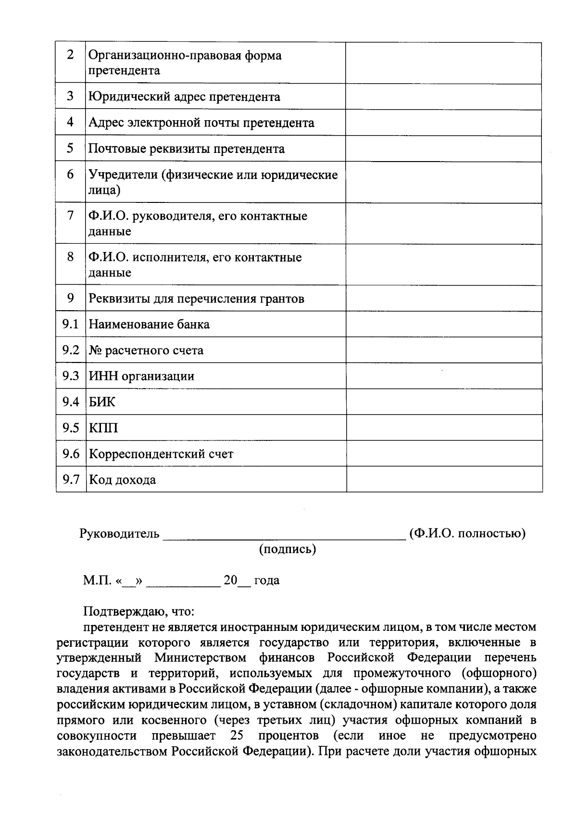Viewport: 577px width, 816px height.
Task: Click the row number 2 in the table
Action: [x=71, y=55]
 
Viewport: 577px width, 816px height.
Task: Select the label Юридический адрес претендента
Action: [x=184, y=97]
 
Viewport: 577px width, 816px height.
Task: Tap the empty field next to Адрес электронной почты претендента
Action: [x=443, y=123]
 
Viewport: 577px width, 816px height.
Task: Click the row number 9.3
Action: [x=71, y=376]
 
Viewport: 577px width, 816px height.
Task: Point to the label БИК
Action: [x=102, y=402]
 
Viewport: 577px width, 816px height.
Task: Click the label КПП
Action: [x=103, y=428]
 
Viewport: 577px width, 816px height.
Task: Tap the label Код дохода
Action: [x=122, y=480]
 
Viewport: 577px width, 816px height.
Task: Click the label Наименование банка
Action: [x=149, y=325]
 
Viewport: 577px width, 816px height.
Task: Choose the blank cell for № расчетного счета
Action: [x=443, y=350]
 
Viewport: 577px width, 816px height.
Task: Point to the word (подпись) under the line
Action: [x=288, y=549]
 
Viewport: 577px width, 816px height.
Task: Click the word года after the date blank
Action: [x=267, y=580]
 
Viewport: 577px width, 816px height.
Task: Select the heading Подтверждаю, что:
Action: [x=138, y=612]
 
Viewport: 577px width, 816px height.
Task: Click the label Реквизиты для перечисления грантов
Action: [x=196, y=299]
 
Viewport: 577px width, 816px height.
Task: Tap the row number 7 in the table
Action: [x=71, y=216]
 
